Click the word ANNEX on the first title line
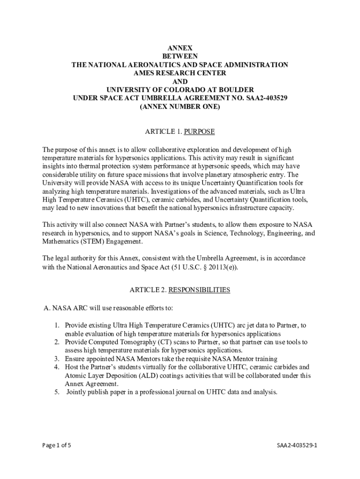(180, 48)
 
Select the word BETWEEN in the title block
(180, 57)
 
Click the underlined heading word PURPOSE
(199, 131)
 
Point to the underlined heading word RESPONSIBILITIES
(199, 290)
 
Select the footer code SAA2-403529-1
(297, 445)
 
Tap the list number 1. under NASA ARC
(56, 325)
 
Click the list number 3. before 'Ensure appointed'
(56, 359)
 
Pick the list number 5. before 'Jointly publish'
(56, 392)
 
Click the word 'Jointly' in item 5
(78, 392)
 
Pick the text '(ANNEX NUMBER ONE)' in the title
(180, 107)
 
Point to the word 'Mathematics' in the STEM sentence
(60, 242)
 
